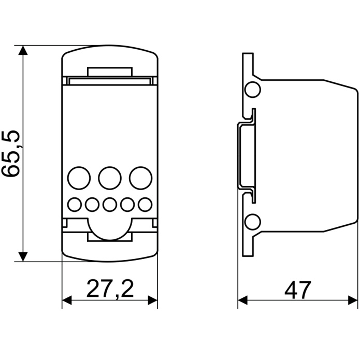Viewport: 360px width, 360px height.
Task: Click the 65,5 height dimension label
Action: click(12, 154)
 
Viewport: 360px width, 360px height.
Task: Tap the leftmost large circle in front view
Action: click(79, 178)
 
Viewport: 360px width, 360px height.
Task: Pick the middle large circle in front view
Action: click(110, 178)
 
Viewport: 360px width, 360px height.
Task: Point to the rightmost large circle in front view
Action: click(140, 178)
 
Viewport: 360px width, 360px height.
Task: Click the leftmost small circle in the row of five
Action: click(75, 205)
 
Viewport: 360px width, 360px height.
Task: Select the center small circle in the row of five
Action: click(109, 205)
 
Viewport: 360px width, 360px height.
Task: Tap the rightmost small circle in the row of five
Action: click(145, 205)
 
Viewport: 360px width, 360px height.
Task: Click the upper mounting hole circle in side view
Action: click(253, 90)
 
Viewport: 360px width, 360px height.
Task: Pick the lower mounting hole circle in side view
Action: click(253, 222)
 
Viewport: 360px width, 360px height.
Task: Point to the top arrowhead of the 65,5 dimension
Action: click(23, 50)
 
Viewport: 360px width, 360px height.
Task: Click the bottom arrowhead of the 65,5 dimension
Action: click(23, 256)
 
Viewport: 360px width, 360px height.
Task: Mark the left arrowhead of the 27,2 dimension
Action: click(66, 301)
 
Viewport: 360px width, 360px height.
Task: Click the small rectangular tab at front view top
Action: click(110, 72)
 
